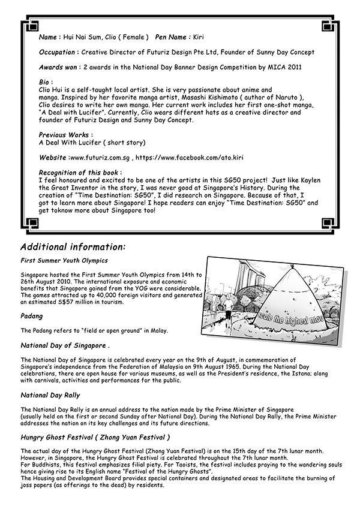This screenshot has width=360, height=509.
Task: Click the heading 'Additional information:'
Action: pos(73,246)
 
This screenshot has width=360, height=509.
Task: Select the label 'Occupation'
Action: pos(58,52)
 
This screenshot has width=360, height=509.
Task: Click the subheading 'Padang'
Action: pos(31,315)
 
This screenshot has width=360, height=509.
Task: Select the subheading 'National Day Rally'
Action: pos(50,395)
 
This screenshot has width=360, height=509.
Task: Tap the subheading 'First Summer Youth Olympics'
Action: pos(64,260)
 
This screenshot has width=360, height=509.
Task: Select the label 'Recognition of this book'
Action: pos(79,172)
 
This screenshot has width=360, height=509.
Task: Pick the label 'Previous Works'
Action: pos(65,135)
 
